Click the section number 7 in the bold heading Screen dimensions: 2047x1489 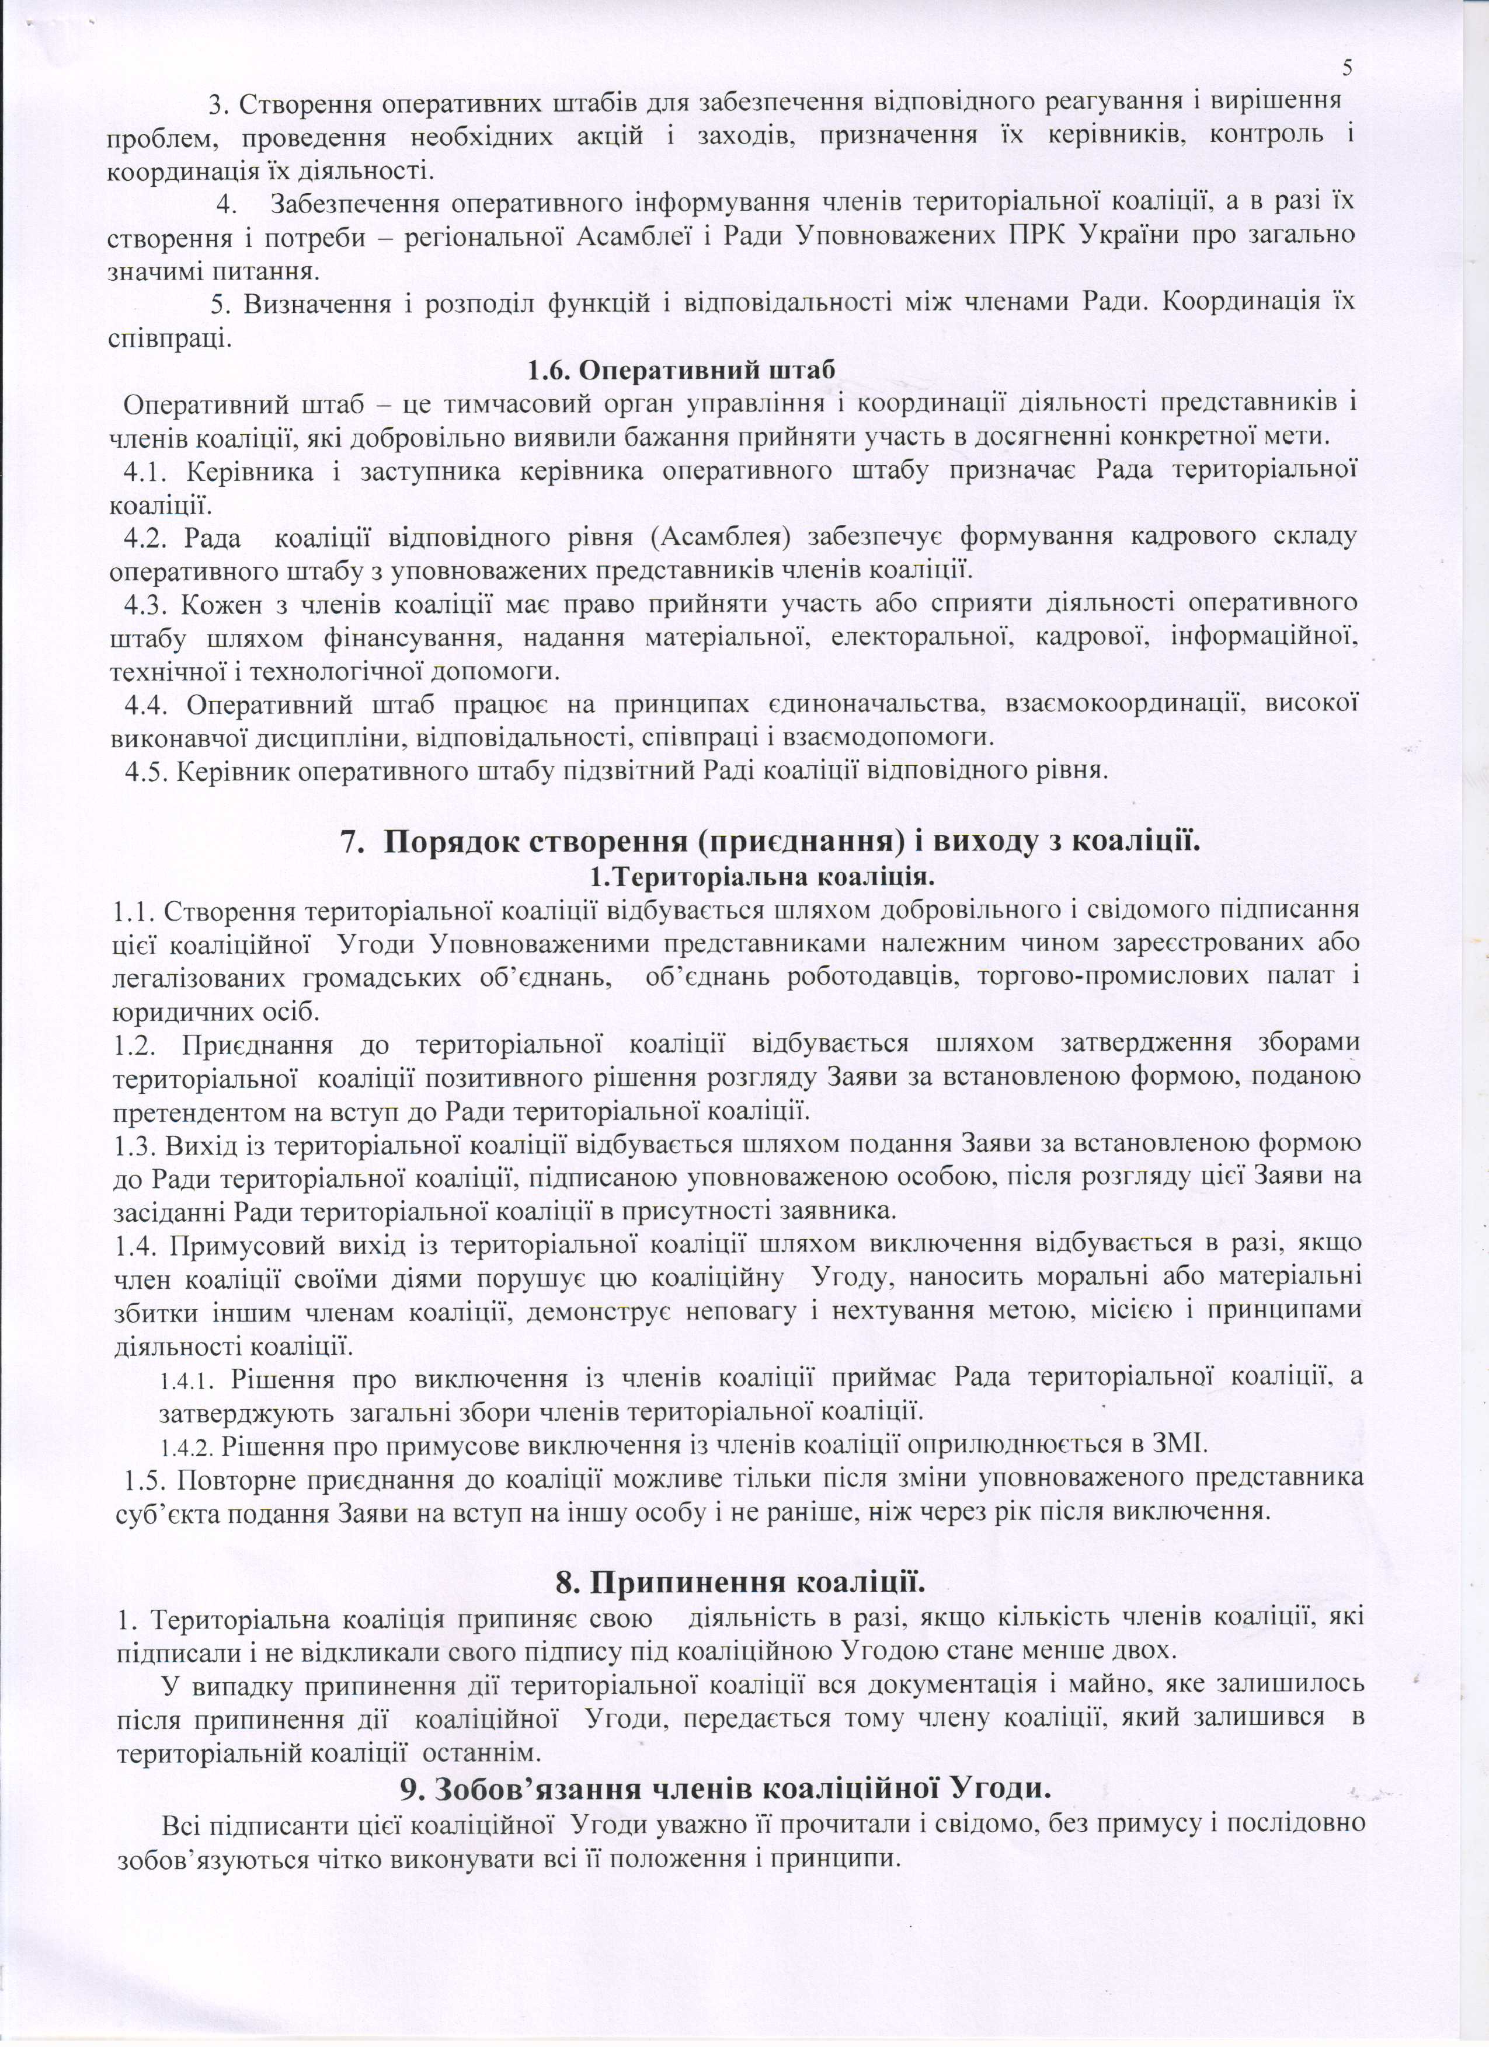[x=349, y=842]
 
